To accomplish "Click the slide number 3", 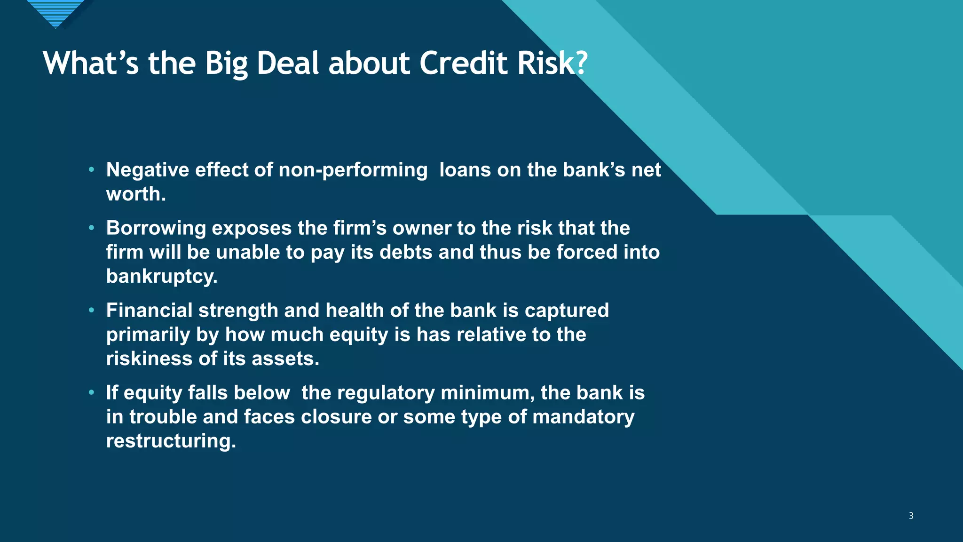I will (911, 516).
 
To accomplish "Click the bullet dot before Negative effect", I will (92, 170).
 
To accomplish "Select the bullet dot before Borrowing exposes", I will (92, 228).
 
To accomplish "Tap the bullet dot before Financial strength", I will (92, 311).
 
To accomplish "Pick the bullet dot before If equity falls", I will (92, 393).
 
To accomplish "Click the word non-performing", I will (353, 170).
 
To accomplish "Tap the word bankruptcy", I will (161, 277).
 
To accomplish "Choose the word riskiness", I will (149, 359).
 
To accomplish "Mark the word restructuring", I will (170, 441).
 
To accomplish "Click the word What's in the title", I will (91, 63).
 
